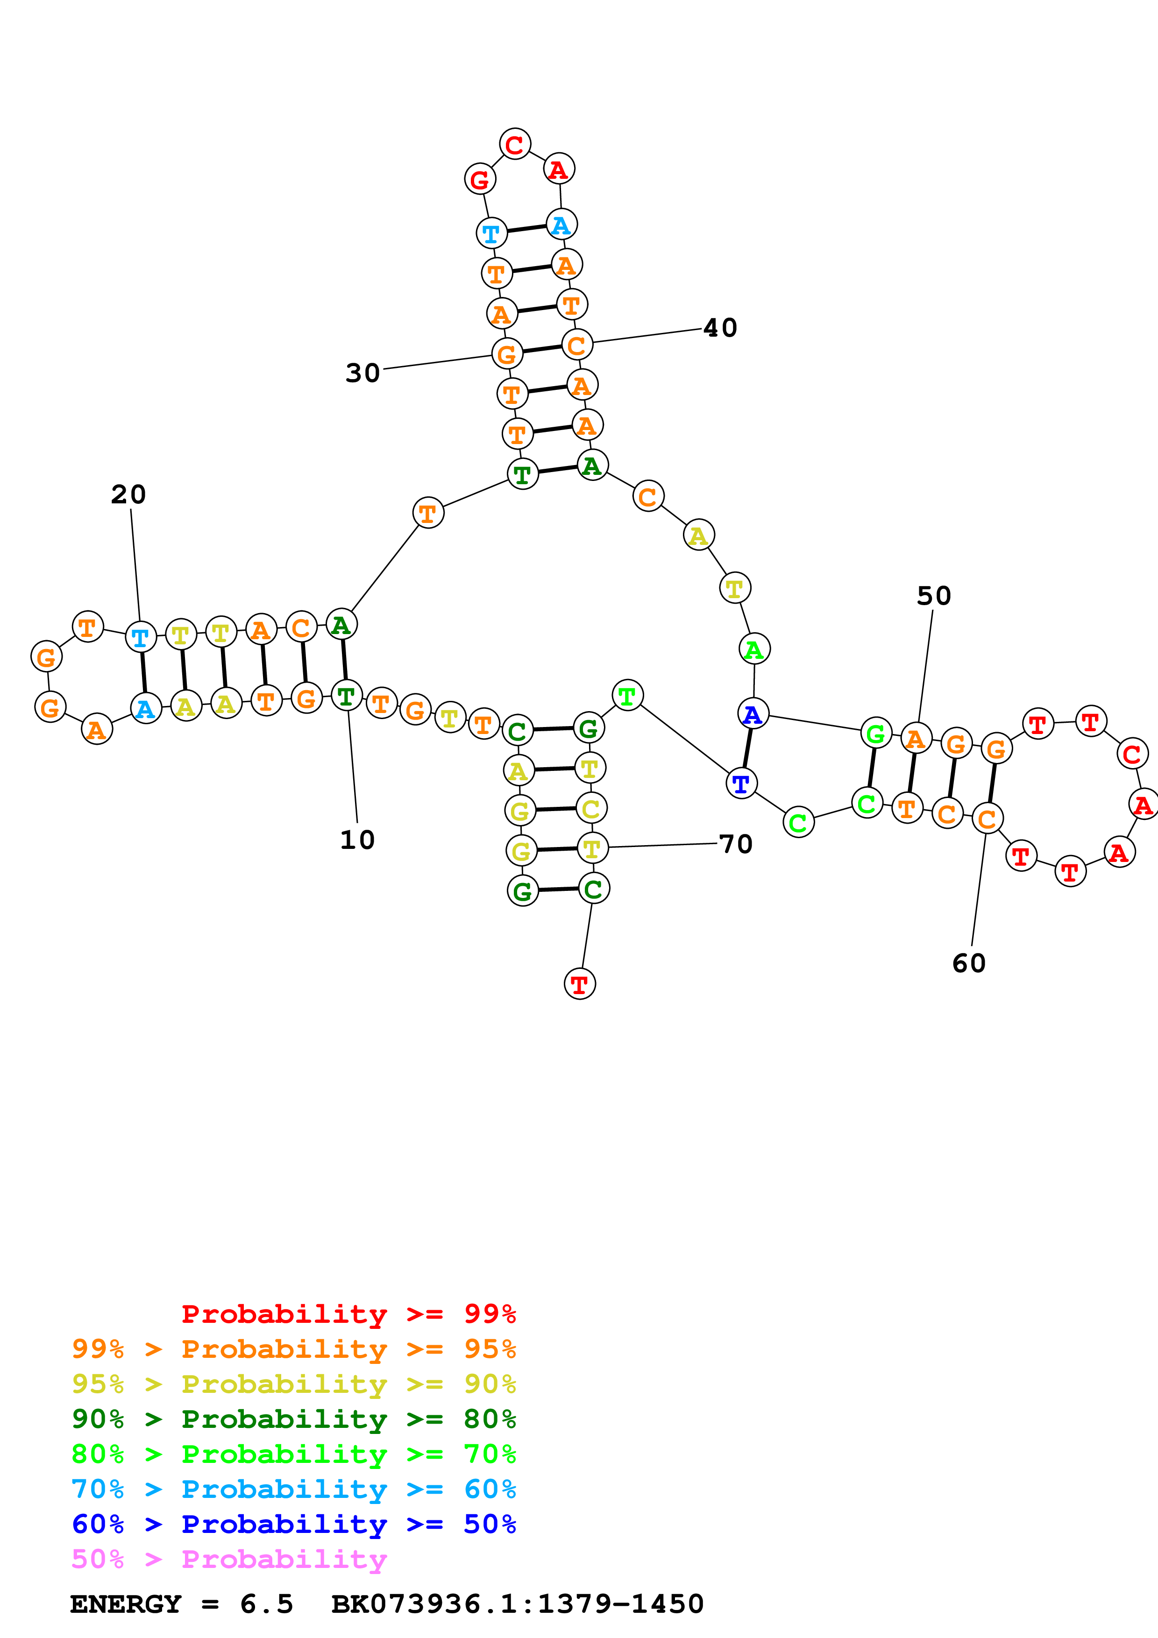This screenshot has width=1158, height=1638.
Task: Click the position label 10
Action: coord(357,840)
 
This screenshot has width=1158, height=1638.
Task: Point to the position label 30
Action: coord(362,373)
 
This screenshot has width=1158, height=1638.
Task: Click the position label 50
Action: coord(933,596)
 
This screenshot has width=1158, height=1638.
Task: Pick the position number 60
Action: coord(968,963)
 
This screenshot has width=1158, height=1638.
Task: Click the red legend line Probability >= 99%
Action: coord(348,1313)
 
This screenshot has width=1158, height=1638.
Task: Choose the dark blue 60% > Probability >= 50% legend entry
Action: coord(293,1524)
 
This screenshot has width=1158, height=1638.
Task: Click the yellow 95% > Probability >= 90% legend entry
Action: coord(293,1384)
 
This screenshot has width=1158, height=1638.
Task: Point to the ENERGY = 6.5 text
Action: coord(181,1604)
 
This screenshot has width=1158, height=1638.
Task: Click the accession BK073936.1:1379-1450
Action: coord(517,1604)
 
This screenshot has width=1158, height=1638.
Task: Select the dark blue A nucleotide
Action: coord(753,713)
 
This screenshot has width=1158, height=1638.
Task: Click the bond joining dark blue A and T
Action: coord(747,748)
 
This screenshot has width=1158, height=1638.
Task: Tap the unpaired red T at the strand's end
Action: coord(579,984)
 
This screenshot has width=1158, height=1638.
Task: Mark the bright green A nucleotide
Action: coord(754,649)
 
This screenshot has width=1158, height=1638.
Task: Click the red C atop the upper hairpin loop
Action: coord(514,145)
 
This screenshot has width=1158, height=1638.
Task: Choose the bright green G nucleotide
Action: coord(875,734)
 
